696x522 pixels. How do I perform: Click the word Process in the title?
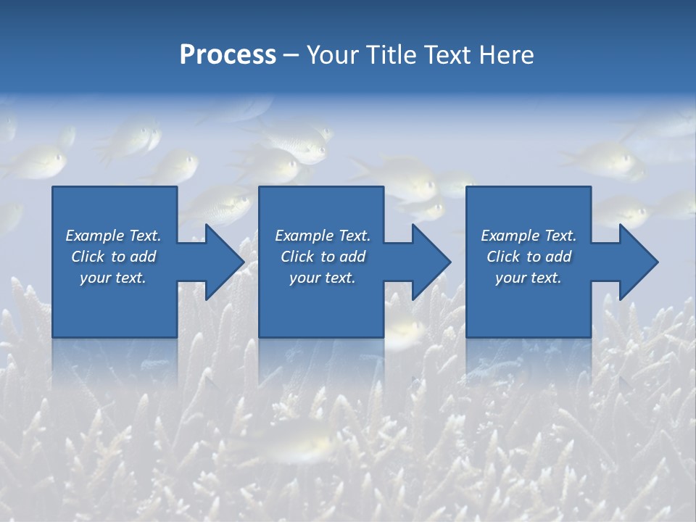[x=228, y=55]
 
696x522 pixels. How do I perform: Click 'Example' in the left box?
[x=94, y=236]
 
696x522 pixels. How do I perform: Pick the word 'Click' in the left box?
[x=88, y=257]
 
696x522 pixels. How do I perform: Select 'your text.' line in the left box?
[x=113, y=278]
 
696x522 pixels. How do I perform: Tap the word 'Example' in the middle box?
[x=304, y=236]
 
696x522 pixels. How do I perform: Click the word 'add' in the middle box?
[x=352, y=257]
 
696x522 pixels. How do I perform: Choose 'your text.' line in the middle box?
[x=322, y=278]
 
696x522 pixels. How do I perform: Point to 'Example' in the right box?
[x=510, y=236]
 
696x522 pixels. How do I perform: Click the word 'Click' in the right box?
[x=503, y=257]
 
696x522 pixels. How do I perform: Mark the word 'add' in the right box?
[x=558, y=257]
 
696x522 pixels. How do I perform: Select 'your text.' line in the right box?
[x=528, y=278]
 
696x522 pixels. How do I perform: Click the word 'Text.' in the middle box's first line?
[x=354, y=236]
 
